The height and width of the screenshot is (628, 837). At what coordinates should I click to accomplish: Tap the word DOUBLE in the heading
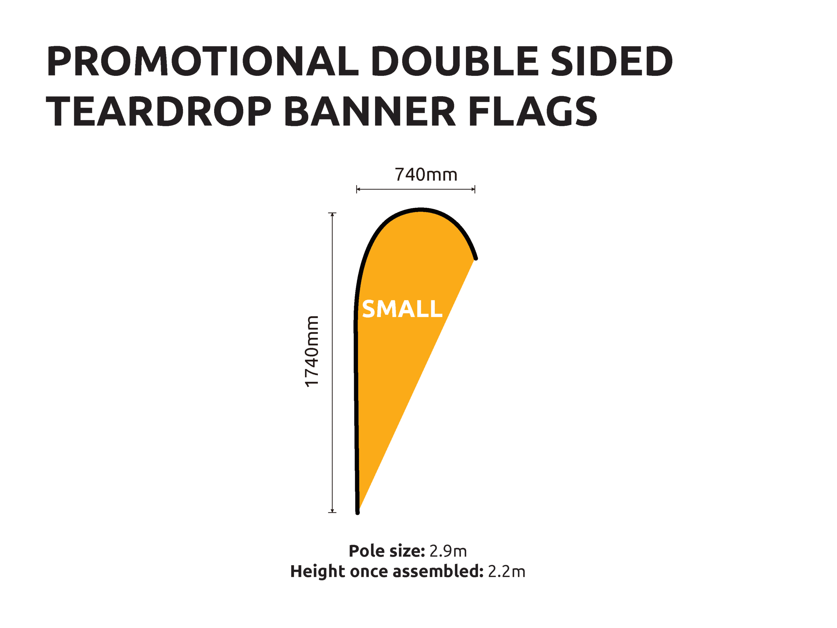454,61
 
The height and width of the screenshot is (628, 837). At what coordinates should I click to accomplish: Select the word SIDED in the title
611,61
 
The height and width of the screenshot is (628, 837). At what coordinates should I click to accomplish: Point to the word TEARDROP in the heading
159,111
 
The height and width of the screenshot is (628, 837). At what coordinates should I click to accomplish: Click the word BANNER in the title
370,111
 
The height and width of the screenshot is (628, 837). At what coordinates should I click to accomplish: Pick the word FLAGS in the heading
533,111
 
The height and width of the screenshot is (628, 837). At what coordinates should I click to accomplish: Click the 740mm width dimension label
426,175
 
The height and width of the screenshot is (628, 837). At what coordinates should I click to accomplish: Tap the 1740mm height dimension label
312,351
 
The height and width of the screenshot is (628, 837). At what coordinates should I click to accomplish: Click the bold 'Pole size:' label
387,551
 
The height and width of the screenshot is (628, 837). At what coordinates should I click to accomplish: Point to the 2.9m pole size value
448,551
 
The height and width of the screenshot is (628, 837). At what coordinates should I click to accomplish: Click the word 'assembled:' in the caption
438,571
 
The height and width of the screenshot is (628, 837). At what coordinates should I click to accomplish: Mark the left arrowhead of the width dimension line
358,189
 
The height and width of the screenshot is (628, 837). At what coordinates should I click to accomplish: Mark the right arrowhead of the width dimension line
473,189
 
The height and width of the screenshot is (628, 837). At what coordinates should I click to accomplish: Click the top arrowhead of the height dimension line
332,215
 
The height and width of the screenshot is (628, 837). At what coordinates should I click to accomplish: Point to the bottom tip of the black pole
358,513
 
